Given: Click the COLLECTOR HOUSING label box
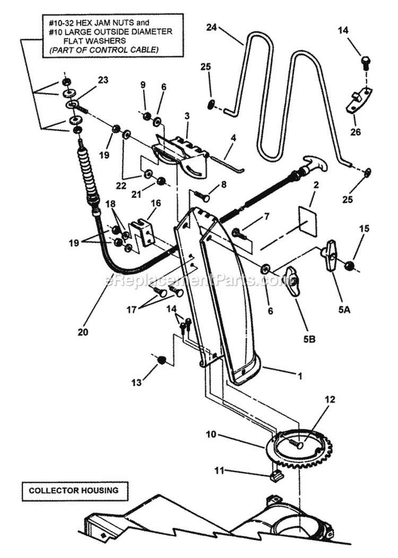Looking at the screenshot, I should point(74,491).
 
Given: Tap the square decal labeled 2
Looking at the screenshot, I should point(306,220).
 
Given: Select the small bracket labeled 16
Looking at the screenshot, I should point(142,232).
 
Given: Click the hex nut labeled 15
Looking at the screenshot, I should point(349,264).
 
